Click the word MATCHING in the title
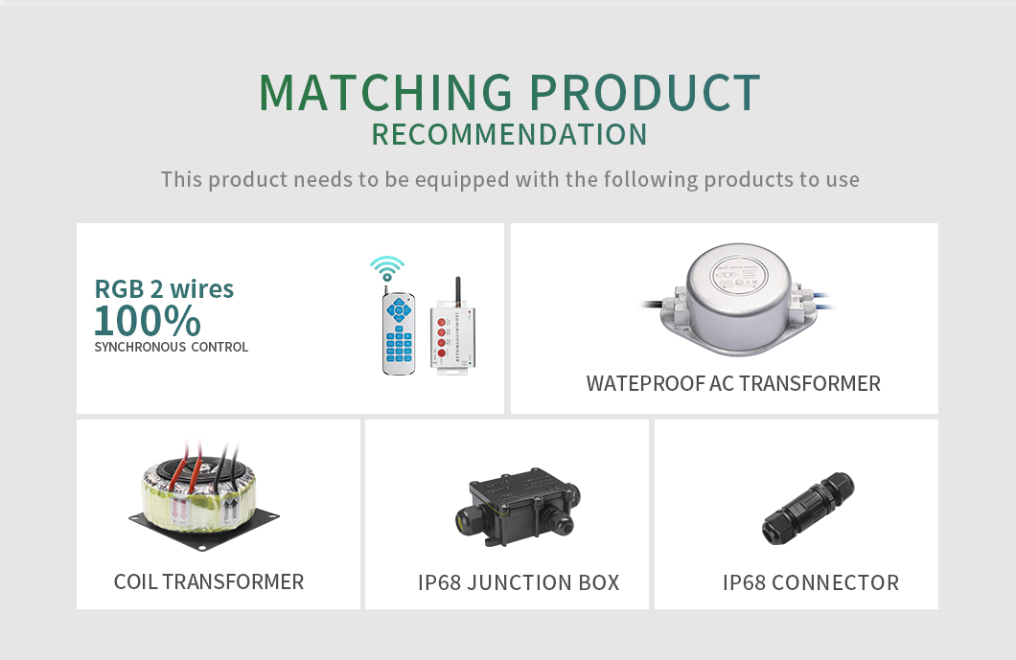pos(385,93)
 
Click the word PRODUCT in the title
pos(645,93)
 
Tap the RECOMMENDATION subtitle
pos(509,135)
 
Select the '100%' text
pos(148,321)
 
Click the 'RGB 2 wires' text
pos(164,289)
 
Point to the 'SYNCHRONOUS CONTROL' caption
pos(171,347)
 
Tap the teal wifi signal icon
pos(387,268)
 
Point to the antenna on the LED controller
pos(458,290)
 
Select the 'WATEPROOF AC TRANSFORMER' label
pos(733,383)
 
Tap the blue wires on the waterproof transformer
pos(821,301)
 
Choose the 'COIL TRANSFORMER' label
pos(209,581)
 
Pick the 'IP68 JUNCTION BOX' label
pos(519,583)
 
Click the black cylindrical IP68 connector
pos(807,509)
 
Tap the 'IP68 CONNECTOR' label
pos(811,583)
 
